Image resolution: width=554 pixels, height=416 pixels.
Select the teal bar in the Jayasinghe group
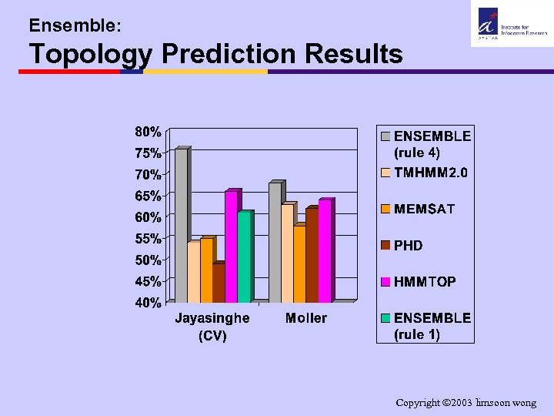pyautogui.click(x=244, y=257)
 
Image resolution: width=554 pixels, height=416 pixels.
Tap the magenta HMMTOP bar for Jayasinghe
pyautogui.click(x=232, y=247)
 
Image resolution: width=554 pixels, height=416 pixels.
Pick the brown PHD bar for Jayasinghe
pyautogui.click(x=219, y=283)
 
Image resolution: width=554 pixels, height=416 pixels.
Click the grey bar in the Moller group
pyautogui.click(x=275, y=243)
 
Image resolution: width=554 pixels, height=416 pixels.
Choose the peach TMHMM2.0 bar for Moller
pyautogui.click(x=287, y=253)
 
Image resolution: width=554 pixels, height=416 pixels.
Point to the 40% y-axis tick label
pyautogui.click(x=149, y=303)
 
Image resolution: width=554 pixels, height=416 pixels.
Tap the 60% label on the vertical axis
pyautogui.click(x=149, y=216)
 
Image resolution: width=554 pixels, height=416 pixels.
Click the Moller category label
pyautogui.click(x=305, y=318)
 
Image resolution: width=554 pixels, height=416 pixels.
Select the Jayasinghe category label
pyautogui.click(x=212, y=318)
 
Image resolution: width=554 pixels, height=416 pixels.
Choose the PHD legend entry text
pyautogui.click(x=409, y=246)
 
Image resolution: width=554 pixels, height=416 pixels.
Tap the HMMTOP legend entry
pyautogui.click(x=425, y=282)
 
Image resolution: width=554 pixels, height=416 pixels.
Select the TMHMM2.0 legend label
pyautogui.click(x=430, y=173)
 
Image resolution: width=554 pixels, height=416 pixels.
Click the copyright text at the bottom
pyautogui.click(x=466, y=403)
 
